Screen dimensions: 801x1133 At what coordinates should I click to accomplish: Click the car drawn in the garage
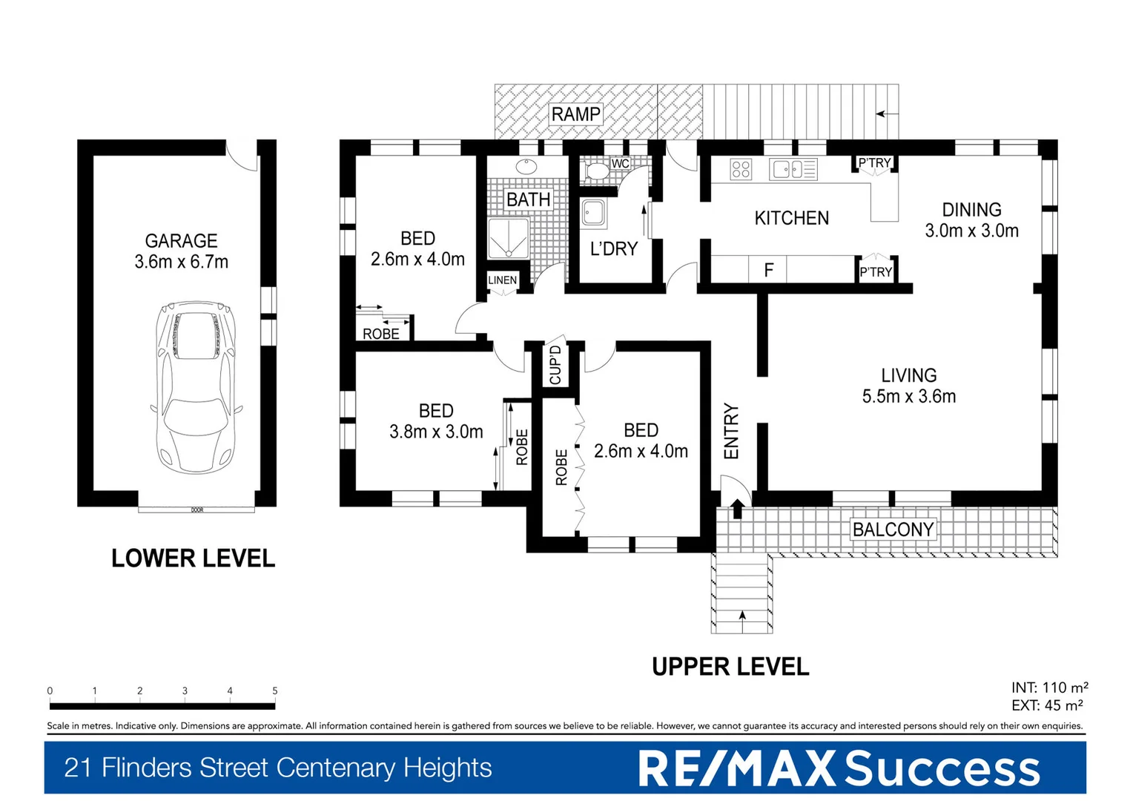(196, 386)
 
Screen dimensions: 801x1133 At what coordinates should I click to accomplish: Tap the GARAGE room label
(181, 241)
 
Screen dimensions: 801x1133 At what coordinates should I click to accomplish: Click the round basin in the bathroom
(527, 165)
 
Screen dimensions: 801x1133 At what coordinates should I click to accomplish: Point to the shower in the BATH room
(508, 238)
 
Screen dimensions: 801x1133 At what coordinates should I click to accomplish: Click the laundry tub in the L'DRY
(593, 214)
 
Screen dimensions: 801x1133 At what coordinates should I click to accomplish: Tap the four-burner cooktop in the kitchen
(741, 169)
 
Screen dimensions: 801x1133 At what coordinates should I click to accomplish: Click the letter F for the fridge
(769, 270)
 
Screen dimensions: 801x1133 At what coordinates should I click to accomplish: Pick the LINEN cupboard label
(502, 280)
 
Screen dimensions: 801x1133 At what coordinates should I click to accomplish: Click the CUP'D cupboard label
(555, 365)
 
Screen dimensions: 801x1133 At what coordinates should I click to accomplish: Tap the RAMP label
(575, 114)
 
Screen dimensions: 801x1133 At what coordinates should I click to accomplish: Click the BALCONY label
(893, 530)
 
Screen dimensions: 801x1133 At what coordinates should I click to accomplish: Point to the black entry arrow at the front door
(737, 509)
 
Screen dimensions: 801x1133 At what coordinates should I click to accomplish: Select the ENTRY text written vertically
(731, 431)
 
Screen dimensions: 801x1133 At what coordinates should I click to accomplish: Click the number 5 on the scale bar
(275, 690)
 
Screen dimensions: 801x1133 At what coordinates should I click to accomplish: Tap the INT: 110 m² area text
(1049, 688)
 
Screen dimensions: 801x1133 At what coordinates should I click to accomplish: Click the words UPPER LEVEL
(730, 667)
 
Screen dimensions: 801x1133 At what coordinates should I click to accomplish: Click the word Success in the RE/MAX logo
(942, 768)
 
